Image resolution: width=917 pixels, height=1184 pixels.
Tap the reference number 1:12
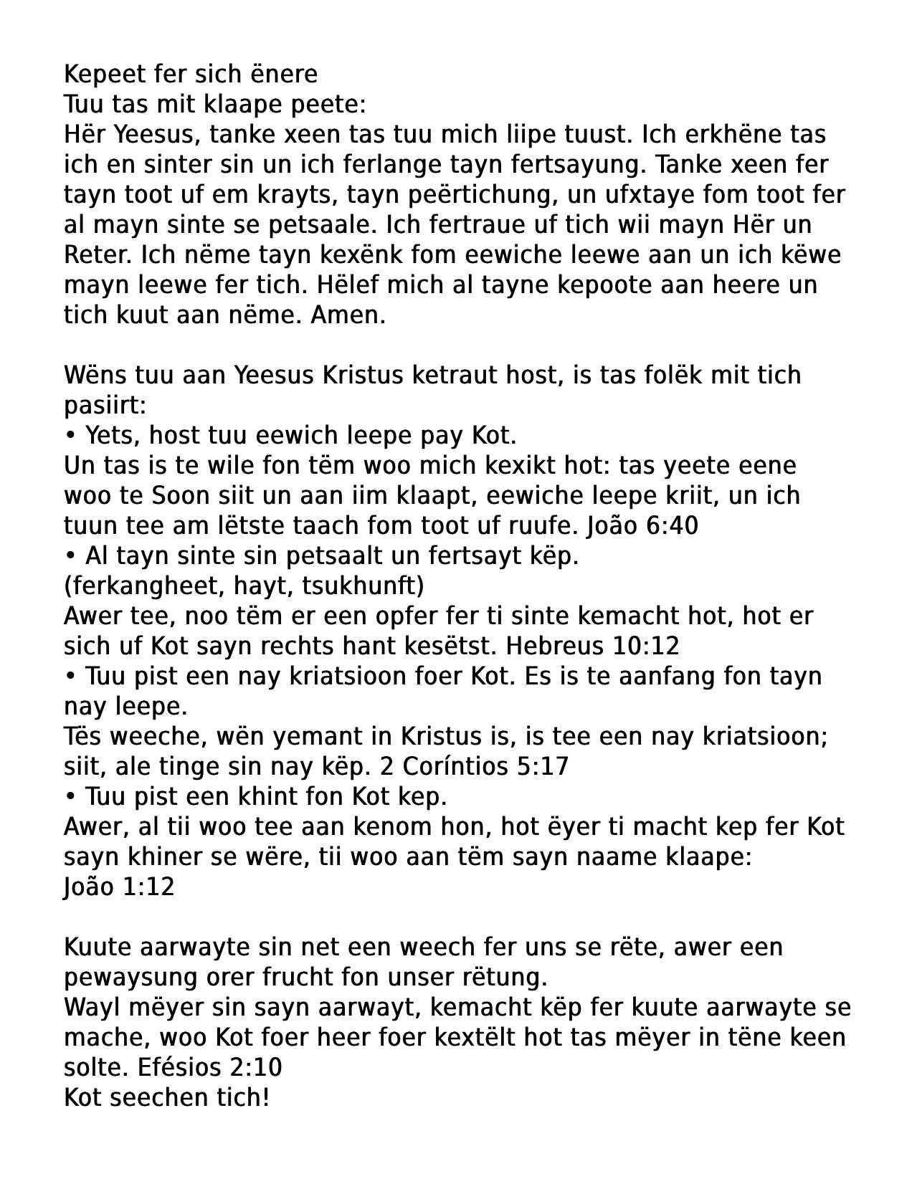pos(148,887)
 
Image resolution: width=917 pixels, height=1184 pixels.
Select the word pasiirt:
pos(105,406)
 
